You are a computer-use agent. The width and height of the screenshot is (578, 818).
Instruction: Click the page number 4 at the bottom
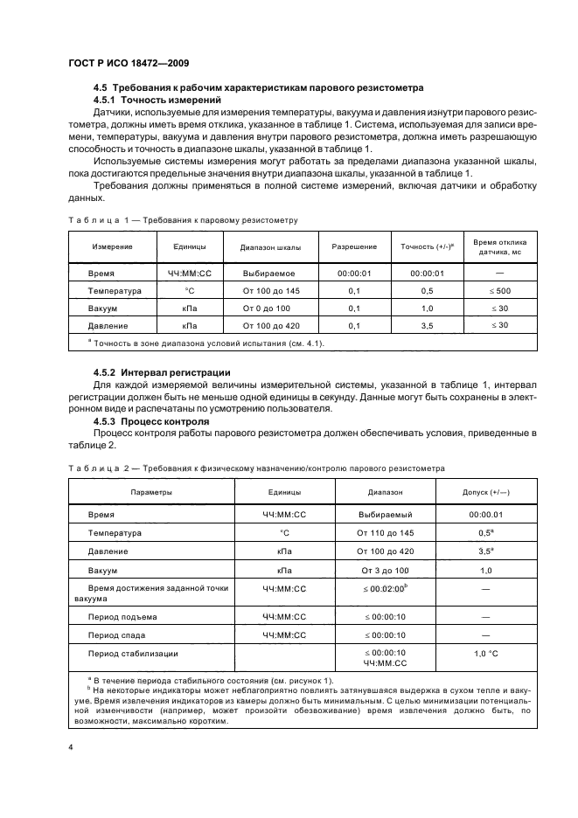[72, 746]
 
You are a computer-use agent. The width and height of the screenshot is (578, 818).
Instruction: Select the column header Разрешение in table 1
[354, 246]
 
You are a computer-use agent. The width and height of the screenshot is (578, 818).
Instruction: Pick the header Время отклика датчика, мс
[501, 246]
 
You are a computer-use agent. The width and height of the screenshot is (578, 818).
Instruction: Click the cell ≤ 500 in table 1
[501, 291]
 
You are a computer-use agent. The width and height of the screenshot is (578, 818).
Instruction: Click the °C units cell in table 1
[189, 291]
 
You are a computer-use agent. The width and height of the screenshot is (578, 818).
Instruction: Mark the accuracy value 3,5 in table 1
[428, 325]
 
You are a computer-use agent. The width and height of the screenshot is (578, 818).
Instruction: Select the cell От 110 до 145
[384, 532]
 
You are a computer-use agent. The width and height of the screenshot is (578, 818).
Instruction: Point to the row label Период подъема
[118, 616]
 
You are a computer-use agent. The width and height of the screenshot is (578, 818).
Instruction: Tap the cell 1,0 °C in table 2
[486, 653]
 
